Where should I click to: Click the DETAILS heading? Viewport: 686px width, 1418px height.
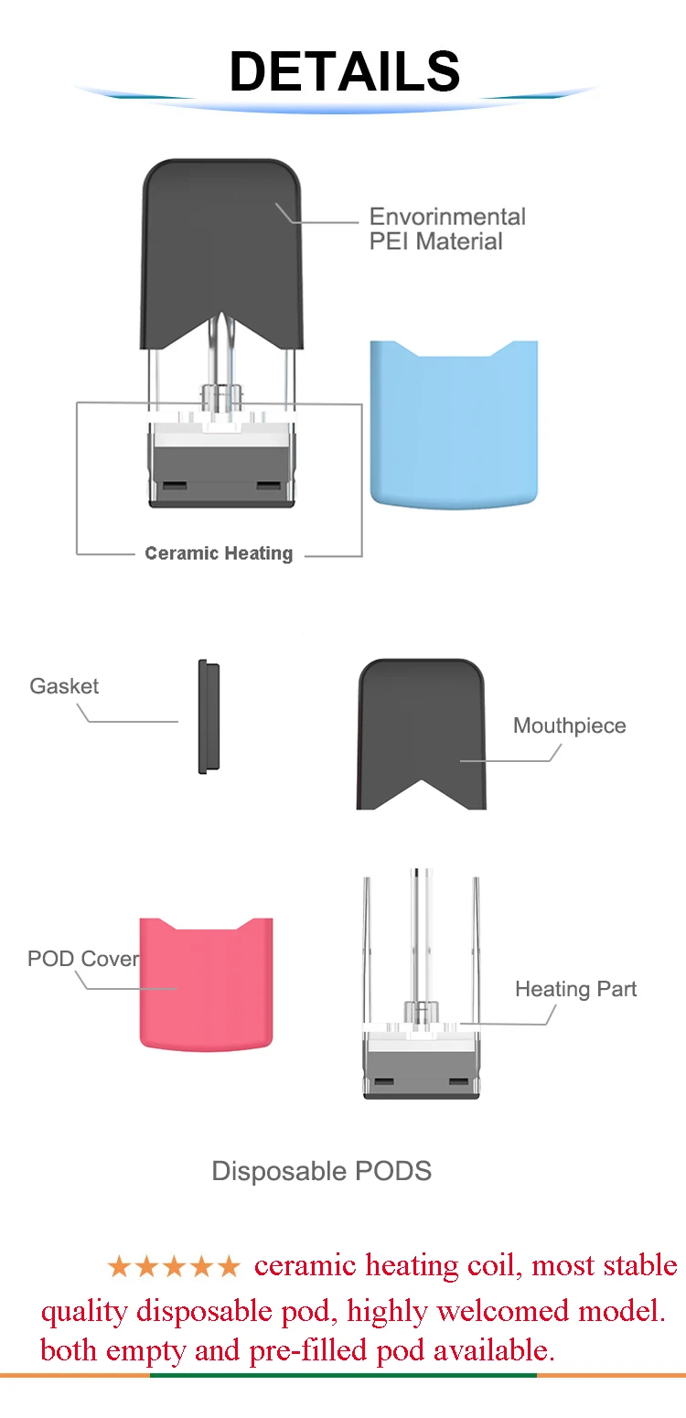pyautogui.click(x=344, y=71)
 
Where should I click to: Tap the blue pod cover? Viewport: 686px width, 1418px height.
pyautogui.click(x=454, y=421)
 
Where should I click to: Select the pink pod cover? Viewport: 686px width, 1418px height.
pyautogui.click(x=206, y=983)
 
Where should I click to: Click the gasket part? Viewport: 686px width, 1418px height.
pyautogui.click(x=209, y=716)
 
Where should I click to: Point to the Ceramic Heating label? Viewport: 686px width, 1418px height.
pyautogui.click(x=219, y=553)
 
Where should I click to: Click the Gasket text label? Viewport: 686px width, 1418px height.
pyautogui.click(x=64, y=686)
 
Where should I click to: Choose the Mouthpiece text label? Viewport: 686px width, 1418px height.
pyautogui.click(x=569, y=725)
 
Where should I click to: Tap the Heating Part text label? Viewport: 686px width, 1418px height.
pyautogui.click(x=575, y=989)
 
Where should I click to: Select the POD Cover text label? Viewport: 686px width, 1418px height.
pyautogui.click(x=83, y=959)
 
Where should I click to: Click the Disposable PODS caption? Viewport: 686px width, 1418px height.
pyautogui.click(x=321, y=1171)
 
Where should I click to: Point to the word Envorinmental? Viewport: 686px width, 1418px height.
pyautogui.click(x=447, y=217)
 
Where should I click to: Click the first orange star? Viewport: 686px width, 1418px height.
pyautogui.click(x=119, y=1267)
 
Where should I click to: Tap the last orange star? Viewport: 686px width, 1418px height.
pyautogui.click(x=229, y=1267)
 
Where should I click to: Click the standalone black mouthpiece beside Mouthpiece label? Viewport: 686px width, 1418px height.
pyautogui.click(x=421, y=732)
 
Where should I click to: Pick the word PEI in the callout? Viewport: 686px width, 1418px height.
pyautogui.click(x=389, y=242)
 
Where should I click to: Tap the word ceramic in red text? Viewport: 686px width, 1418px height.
pyautogui.click(x=305, y=1266)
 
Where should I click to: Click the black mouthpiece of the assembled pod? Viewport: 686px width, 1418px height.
pyautogui.click(x=220, y=247)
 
